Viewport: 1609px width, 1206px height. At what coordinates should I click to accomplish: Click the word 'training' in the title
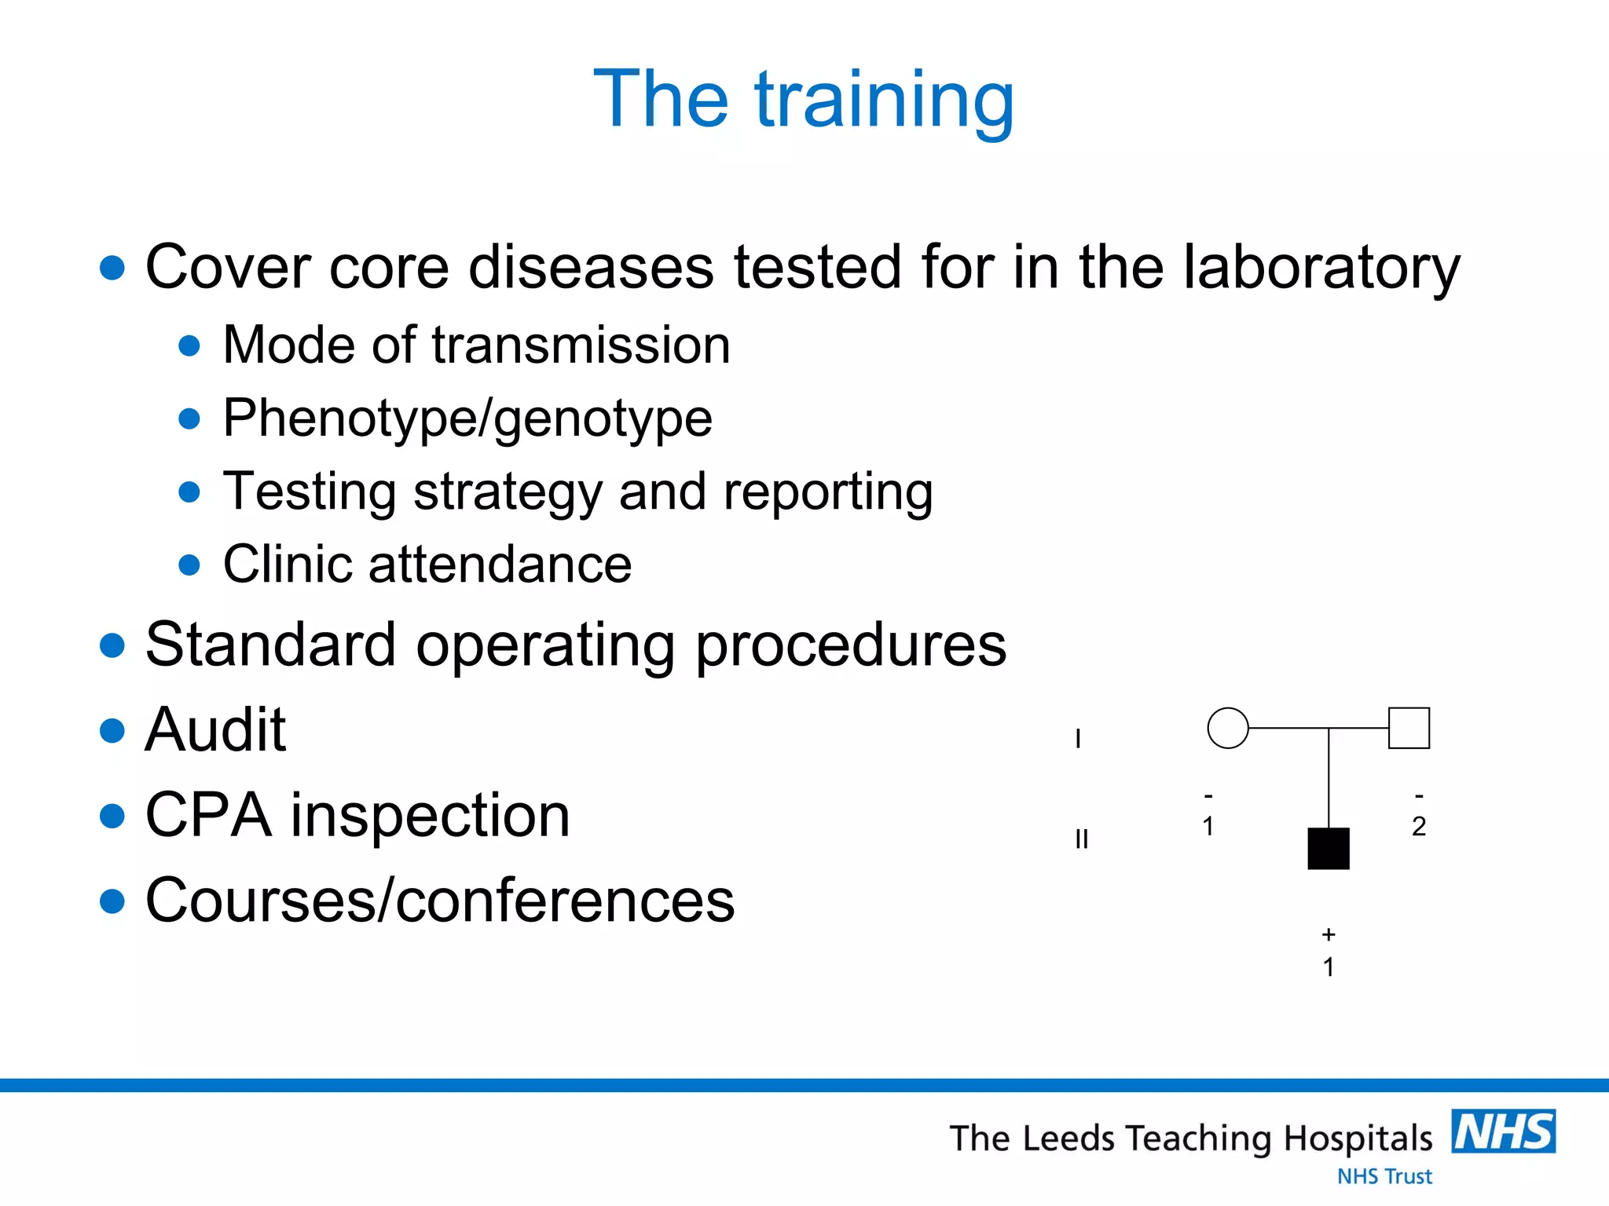885,100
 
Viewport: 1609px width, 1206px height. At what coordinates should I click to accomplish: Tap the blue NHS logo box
1503,1131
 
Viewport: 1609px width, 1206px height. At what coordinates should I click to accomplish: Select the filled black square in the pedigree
1328,849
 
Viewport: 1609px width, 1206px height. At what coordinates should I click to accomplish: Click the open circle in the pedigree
1227,728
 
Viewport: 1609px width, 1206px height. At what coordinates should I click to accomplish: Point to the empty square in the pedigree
1409,728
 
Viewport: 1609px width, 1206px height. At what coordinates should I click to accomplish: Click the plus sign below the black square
1328,934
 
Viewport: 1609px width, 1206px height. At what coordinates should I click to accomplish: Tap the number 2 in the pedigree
1418,827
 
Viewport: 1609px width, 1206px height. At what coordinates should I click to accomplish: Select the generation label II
1081,839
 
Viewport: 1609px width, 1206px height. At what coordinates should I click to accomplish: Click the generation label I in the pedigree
1078,739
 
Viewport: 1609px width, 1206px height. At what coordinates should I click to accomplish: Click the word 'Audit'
215,730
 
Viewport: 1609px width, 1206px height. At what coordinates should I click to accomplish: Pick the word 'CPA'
208,815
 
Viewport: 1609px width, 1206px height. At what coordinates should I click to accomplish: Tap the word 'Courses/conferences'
440,901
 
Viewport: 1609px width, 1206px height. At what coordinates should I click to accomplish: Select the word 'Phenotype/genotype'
467,418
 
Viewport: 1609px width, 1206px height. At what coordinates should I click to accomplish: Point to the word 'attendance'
500,565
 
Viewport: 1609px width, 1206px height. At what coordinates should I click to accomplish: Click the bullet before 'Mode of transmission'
189,345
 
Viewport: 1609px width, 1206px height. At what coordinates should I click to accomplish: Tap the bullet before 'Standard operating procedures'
113,645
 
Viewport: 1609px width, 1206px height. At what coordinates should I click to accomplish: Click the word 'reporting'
828,492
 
